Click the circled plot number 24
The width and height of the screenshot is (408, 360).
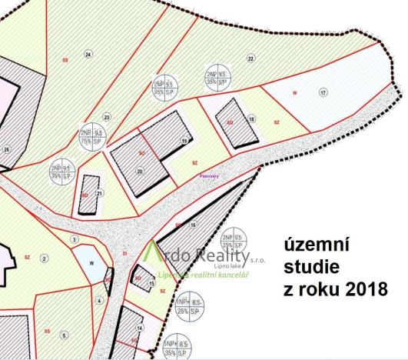pyautogui.click(x=88, y=55)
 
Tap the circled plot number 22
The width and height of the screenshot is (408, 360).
pyautogui.click(x=250, y=58)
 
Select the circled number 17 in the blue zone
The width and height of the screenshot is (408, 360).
pyautogui.click(x=323, y=92)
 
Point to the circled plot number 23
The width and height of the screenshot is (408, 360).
pyautogui.click(x=107, y=117)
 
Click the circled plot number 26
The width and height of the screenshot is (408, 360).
pyautogui.click(x=7, y=149)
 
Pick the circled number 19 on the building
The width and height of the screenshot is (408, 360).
pyautogui.click(x=184, y=141)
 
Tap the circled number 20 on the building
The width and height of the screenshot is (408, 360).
pyautogui.click(x=140, y=172)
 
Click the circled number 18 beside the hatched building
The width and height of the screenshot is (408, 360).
pyautogui.click(x=251, y=119)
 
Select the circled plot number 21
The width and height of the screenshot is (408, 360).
pyautogui.click(x=100, y=194)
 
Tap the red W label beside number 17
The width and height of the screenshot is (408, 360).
pyautogui.click(x=295, y=93)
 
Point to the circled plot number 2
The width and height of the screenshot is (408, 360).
pyautogui.click(x=45, y=258)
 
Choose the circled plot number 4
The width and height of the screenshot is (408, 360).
pyautogui.click(x=100, y=301)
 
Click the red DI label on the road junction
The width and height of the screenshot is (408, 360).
pyautogui.click(x=124, y=252)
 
